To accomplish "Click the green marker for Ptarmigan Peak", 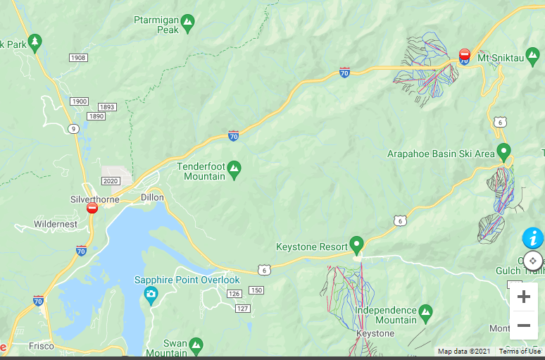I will point(187,25).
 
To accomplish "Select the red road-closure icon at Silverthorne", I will point(92,208).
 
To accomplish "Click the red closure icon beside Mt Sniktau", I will point(464,54).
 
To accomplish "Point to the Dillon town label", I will point(152,197).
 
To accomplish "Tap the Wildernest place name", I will point(56,224).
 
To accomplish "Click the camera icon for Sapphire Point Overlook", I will point(151,294).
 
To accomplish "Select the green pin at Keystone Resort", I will point(356,244).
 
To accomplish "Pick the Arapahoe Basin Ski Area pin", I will point(503,151).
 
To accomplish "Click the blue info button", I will point(532,238).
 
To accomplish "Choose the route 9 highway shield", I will point(74,128).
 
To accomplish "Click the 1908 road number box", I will point(78,57).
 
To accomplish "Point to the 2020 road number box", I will point(111,181).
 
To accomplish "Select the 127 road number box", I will point(243,309).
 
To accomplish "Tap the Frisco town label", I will point(42,347).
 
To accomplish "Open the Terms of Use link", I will point(520,352).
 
